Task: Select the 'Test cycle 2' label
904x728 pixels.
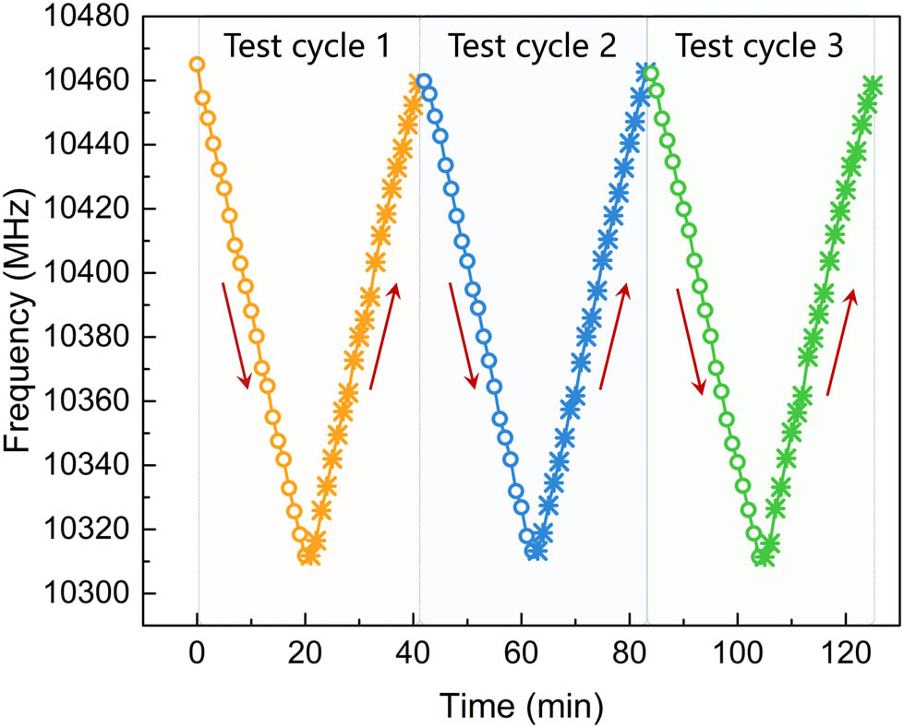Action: click(532, 46)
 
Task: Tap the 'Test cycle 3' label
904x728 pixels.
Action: click(759, 46)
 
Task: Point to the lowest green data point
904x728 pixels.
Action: click(762, 557)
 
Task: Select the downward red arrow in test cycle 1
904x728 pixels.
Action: click(235, 336)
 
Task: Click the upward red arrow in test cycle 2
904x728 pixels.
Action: click(615, 336)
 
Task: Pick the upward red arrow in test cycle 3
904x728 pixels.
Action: click(841, 340)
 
